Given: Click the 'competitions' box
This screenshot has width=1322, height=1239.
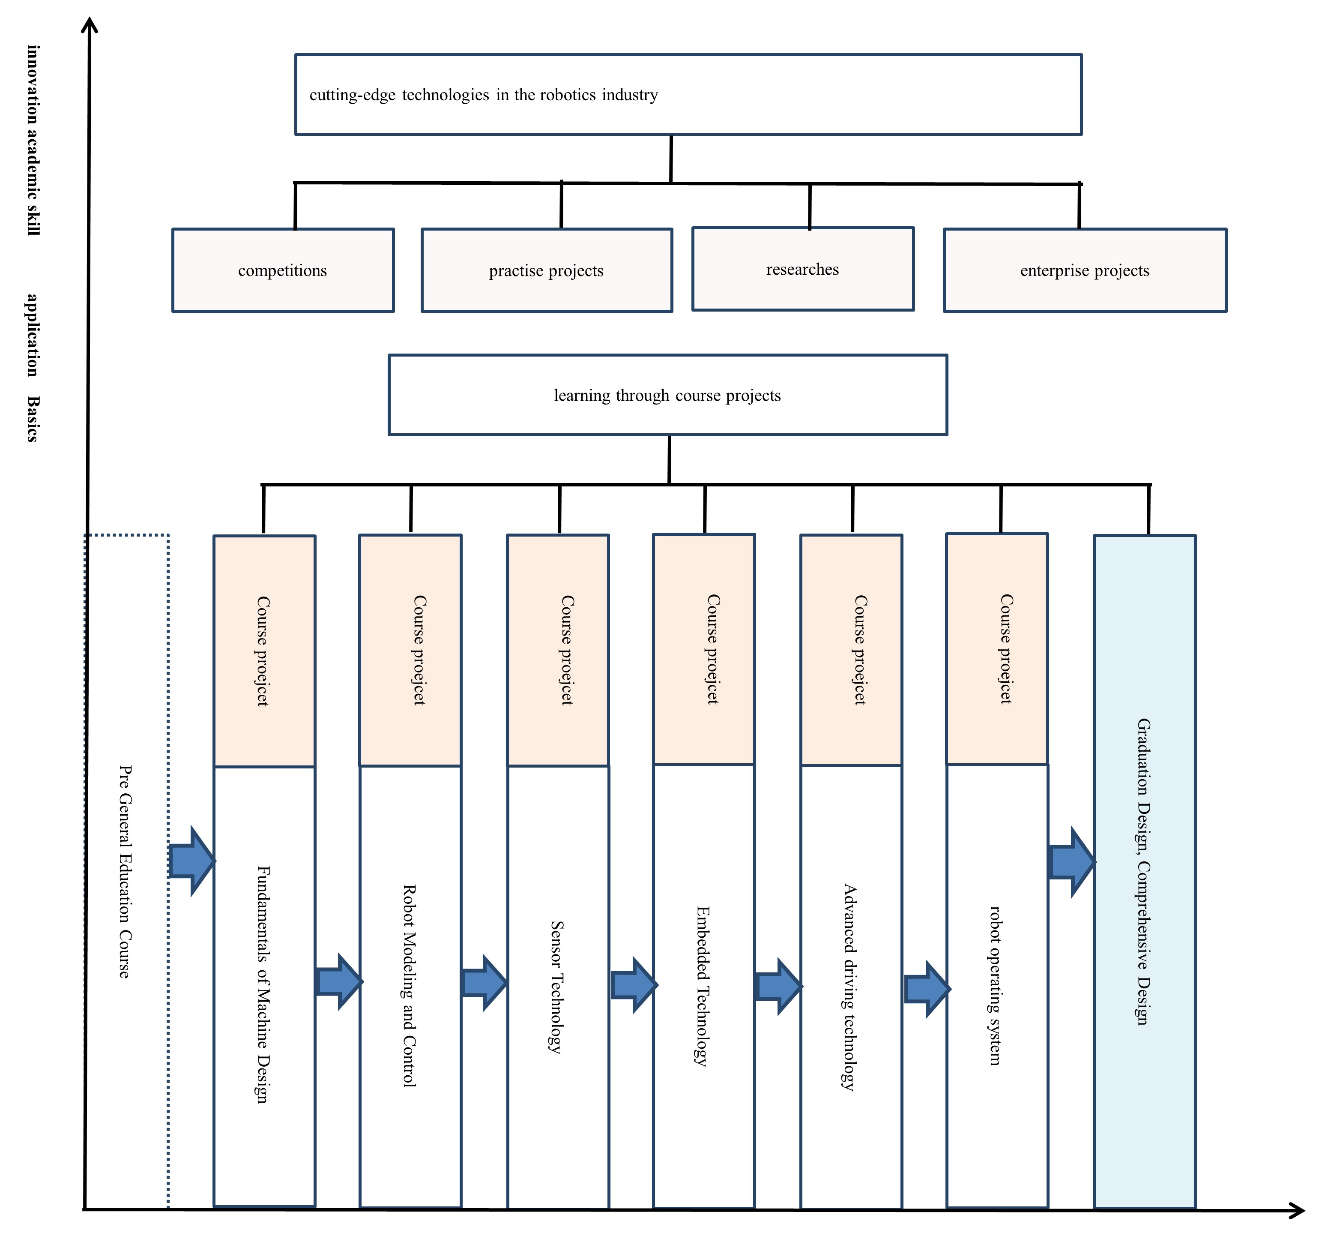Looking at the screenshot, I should tap(283, 270).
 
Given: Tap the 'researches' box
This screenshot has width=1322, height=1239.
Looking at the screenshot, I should tap(803, 269).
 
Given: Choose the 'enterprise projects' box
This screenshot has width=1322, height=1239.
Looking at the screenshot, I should tap(1085, 270).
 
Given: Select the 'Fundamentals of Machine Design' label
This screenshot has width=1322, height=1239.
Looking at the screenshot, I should tap(263, 985).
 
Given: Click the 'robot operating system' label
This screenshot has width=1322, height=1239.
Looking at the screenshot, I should tap(996, 985).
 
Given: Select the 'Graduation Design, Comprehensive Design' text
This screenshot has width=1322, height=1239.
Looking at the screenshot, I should tap(1144, 872).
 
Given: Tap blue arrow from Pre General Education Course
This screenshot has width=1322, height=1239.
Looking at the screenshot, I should tap(191, 861).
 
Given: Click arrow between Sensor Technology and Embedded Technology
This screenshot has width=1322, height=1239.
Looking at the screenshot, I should tap(634, 985).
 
